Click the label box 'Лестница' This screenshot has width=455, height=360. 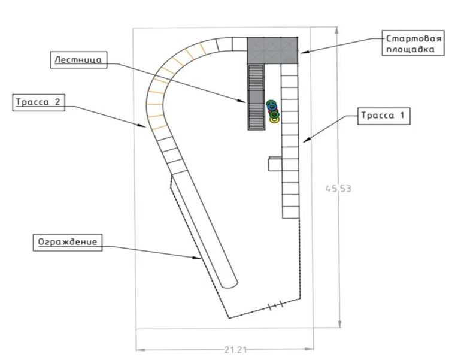[78, 60]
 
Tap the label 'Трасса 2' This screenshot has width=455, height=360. [38, 102]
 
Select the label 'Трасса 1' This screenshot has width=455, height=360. [384, 116]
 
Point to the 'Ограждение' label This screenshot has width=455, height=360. [68, 243]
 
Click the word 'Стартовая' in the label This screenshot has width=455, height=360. [414, 39]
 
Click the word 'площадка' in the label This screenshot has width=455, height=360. [410, 49]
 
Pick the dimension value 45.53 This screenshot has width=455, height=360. [338, 189]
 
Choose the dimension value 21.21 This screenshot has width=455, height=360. [235, 350]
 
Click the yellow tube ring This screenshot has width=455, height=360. [274, 120]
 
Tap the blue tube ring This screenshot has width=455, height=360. [272, 107]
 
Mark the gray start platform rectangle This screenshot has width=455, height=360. [272, 50]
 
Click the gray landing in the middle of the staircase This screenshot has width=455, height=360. [256, 96]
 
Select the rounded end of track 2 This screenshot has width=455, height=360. [229, 285]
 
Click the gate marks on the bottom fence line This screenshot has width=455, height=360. [275, 305]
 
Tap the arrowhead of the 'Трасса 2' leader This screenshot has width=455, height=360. [142, 125]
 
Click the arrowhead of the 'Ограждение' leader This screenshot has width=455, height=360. [198, 257]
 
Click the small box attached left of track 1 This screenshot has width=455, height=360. [275, 164]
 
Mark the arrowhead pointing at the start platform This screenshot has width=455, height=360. [304, 52]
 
